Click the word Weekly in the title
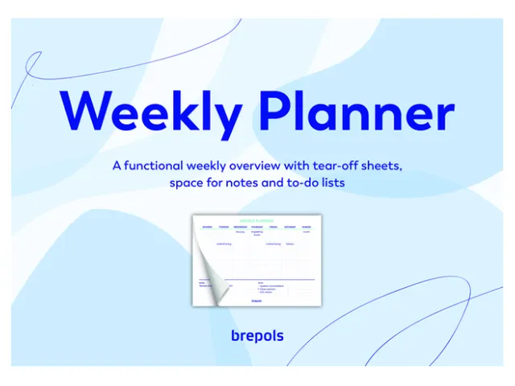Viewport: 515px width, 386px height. [149, 115]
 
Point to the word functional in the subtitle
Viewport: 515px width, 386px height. [159, 166]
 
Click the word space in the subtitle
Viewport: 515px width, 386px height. [186, 183]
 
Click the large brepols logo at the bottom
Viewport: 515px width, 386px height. [257, 335]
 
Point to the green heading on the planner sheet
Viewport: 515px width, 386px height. [257, 220]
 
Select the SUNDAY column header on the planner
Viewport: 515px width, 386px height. [307, 227]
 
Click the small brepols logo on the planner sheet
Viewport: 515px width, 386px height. [257, 301]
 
